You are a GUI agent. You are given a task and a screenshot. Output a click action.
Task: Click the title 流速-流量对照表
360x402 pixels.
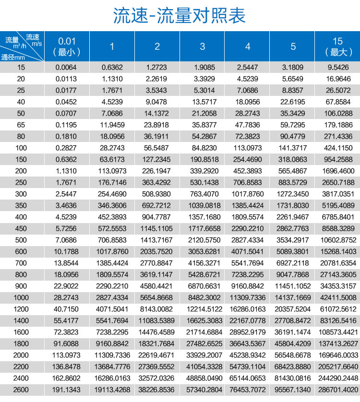point(180,16)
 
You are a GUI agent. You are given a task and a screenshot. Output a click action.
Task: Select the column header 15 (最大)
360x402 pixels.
point(337,46)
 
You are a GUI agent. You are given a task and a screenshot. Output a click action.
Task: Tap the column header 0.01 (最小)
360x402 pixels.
point(67,46)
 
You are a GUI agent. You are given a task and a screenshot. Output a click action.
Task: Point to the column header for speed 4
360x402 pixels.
point(248,47)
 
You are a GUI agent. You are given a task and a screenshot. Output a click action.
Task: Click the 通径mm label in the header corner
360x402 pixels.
point(14,57)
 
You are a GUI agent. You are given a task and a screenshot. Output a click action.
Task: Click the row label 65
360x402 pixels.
point(21,125)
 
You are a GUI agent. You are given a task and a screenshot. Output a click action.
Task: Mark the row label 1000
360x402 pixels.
point(21,297)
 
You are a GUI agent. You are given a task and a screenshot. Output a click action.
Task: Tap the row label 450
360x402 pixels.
point(21,228)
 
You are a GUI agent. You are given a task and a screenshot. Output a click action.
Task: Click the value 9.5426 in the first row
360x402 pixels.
point(337,68)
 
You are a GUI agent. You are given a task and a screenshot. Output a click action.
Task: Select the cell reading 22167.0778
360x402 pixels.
point(248,320)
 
